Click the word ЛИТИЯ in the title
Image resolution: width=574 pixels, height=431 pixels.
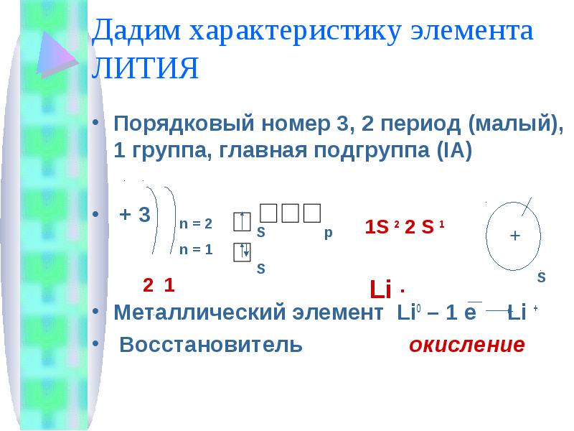click(145, 68)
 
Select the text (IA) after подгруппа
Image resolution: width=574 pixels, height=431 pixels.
click(454, 150)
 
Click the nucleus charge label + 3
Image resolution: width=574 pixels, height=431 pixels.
click(135, 214)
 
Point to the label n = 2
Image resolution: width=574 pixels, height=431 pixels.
click(196, 223)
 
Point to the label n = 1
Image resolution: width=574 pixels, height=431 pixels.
click(196, 249)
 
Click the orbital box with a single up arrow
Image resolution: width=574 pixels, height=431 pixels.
click(242, 222)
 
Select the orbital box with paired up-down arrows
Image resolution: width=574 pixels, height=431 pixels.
click(242, 252)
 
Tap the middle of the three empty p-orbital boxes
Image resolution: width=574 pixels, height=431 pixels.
click(291, 213)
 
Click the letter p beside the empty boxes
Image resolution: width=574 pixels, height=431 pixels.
click(329, 233)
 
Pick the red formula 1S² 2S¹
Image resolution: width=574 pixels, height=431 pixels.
click(405, 227)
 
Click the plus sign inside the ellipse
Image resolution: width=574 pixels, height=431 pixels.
click(514, 236)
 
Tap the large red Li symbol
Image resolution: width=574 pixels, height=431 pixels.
click(381, 289)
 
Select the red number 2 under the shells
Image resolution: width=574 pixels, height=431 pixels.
click(148, 285)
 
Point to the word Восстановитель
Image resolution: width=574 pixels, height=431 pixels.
click(211, 345)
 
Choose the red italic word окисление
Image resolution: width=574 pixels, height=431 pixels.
click(467, 345)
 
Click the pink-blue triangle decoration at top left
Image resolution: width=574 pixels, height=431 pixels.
click(57, 55)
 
